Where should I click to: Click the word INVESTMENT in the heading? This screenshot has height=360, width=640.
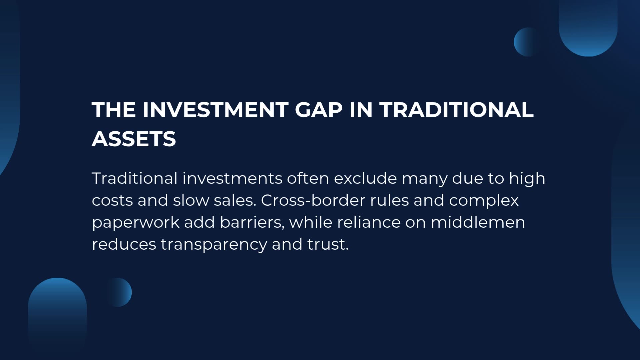(215, 110)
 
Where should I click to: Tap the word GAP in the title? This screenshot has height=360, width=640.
(319, 110)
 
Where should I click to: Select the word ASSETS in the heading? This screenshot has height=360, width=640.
(134, 139)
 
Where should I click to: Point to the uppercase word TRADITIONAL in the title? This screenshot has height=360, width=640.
(457, 110)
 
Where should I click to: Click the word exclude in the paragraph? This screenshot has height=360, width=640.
(365, 178)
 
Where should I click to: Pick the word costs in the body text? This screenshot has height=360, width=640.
(112, 201)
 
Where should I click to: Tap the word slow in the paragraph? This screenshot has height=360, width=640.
(191, 200)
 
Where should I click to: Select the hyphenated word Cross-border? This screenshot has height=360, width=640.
(313, 200)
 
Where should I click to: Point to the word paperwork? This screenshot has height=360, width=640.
(136, 223)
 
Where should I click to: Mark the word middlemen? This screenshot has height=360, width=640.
(478, 222)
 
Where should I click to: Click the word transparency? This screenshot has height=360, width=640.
(214, 245)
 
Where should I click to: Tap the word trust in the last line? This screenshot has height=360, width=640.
(328, 244)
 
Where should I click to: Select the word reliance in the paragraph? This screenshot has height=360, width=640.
(369, 222)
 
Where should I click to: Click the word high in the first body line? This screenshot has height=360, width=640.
(527, 179)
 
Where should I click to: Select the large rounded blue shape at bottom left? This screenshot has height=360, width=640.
(57, 313)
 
